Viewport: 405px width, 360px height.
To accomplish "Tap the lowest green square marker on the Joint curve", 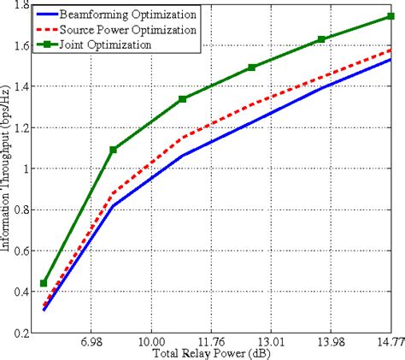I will [44, 283].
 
